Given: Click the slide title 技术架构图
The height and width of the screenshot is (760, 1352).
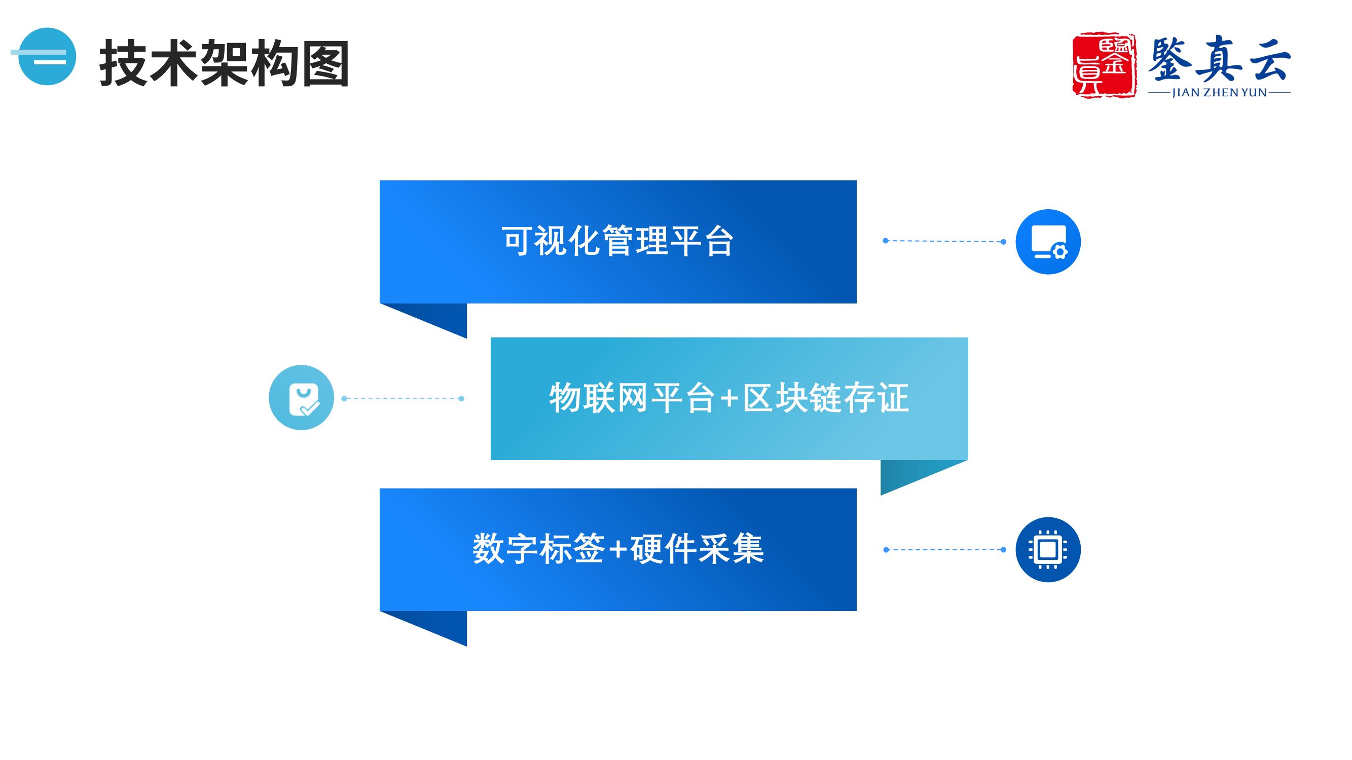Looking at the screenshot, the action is [224, 63].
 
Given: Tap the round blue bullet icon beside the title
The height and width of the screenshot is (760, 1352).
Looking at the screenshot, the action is [47, 57].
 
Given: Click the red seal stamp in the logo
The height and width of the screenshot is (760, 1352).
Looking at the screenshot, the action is [1104, 65].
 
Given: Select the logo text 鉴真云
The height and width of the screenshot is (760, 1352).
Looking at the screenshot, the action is [1219, 58].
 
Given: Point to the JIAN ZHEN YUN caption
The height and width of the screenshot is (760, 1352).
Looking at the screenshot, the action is [1219, 92].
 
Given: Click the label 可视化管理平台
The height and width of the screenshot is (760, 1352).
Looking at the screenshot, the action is [617, 241].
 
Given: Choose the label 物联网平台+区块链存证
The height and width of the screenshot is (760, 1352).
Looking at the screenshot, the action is [729, 398].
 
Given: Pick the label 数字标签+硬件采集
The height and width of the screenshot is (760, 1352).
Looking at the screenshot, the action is [618, 549].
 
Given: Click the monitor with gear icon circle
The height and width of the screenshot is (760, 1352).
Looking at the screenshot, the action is [1048, 242].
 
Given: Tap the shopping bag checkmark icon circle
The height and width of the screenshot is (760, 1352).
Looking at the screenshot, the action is [301, 398].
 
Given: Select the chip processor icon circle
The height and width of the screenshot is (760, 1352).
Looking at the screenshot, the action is [1048, 550].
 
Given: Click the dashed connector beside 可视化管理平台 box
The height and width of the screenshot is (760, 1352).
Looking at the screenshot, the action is [944, 241].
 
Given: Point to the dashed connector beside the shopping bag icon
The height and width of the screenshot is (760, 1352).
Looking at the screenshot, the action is [403, 399].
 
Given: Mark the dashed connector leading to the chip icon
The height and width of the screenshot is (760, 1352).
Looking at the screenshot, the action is [945, 550].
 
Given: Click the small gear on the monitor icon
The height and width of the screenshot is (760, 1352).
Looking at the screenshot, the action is [1059, 252].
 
